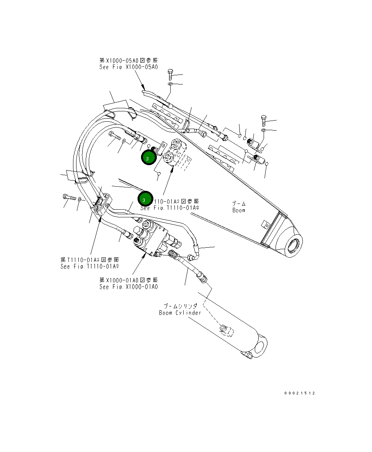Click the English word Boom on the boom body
pos(238,210)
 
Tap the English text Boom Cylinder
pos(180,313)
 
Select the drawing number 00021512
pos(300,393)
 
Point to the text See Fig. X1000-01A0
pos(128,287)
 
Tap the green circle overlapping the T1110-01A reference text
pos(144,200)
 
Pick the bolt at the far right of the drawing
pos(264,120)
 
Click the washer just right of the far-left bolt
pos(80,199)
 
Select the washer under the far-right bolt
pos(264,131)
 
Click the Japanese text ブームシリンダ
pos(180,306)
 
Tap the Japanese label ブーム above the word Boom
pos(238,204)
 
